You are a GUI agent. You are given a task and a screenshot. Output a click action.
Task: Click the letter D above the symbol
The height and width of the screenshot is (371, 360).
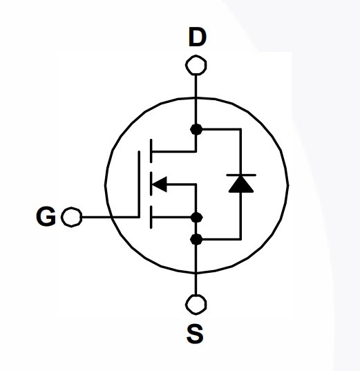click(198, 37)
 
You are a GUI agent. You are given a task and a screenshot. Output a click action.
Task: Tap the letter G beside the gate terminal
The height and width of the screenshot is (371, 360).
click(46, 216)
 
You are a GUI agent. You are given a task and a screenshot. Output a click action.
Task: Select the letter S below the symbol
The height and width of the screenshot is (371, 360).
click(195, 334)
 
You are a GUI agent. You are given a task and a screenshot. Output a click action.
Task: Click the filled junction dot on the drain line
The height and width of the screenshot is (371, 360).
click(196, 129)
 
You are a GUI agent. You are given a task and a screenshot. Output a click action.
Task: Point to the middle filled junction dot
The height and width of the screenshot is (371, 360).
click(196, 218)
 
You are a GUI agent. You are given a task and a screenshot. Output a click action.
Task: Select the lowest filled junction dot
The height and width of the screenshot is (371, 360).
click(196, 240)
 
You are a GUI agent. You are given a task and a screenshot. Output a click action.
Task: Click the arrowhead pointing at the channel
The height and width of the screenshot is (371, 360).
click(159, 184)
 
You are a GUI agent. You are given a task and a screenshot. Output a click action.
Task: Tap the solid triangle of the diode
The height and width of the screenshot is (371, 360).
click(241, 184)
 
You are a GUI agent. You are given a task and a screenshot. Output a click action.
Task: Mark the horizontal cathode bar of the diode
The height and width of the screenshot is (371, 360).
click(241, 175)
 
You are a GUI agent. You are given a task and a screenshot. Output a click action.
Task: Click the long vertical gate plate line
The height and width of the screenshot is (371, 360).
click(139, 184)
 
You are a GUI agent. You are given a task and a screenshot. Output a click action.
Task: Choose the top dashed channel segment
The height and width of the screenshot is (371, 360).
click(151, 151)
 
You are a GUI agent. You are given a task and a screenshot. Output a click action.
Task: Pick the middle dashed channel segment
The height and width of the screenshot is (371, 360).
click(151, 184)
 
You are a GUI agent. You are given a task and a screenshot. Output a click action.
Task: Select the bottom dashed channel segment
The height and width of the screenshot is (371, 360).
click(151, 217)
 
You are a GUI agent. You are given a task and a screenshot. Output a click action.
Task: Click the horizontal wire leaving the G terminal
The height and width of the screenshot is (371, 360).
click(111, 217)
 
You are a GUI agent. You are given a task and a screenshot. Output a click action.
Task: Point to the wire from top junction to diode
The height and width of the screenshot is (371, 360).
click(221, 129)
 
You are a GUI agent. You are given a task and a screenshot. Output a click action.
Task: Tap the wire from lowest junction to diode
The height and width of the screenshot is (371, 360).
click(221, 240)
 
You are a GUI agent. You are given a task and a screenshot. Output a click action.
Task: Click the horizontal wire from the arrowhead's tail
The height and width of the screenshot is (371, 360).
click(182, 184)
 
